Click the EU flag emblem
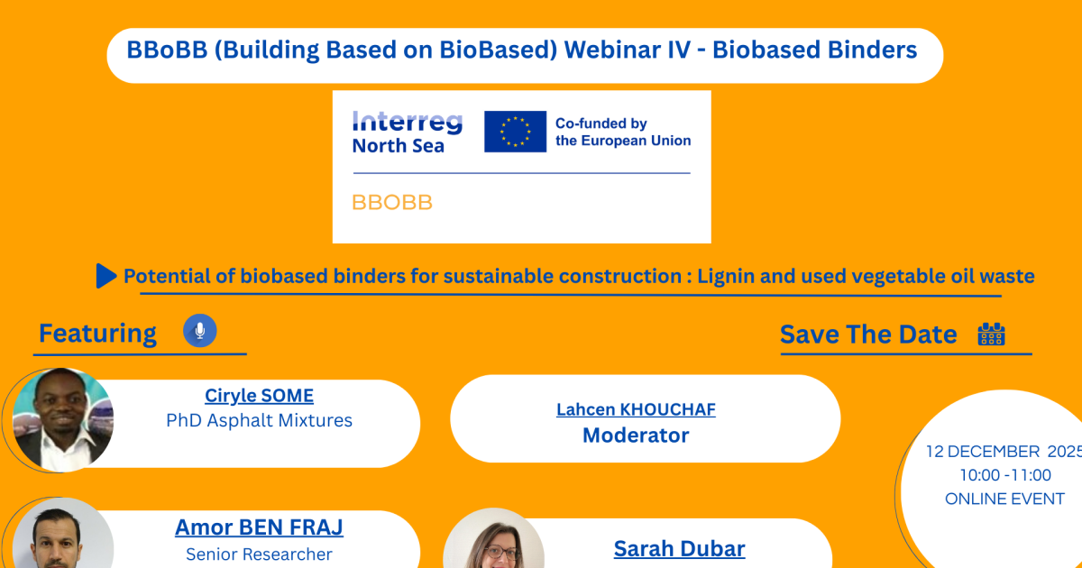(516, 132)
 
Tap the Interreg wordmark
(408, 123)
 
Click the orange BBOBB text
(391, 202)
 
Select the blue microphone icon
(200, 331)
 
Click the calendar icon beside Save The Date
(992, 334)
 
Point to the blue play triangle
(106, 276)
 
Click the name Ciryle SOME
(260, 396)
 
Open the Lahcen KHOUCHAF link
(636, 409)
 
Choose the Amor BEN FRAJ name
(260, 527)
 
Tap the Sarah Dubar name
(680, 549)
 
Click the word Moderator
(636, 435)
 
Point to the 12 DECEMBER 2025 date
(1004, 452)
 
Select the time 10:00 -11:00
(1005, 475)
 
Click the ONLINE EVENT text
(1004, 499)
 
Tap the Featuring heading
(97, 334)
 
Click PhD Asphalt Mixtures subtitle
(260, 421)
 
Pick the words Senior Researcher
(260, 554)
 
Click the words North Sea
(398, 146)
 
